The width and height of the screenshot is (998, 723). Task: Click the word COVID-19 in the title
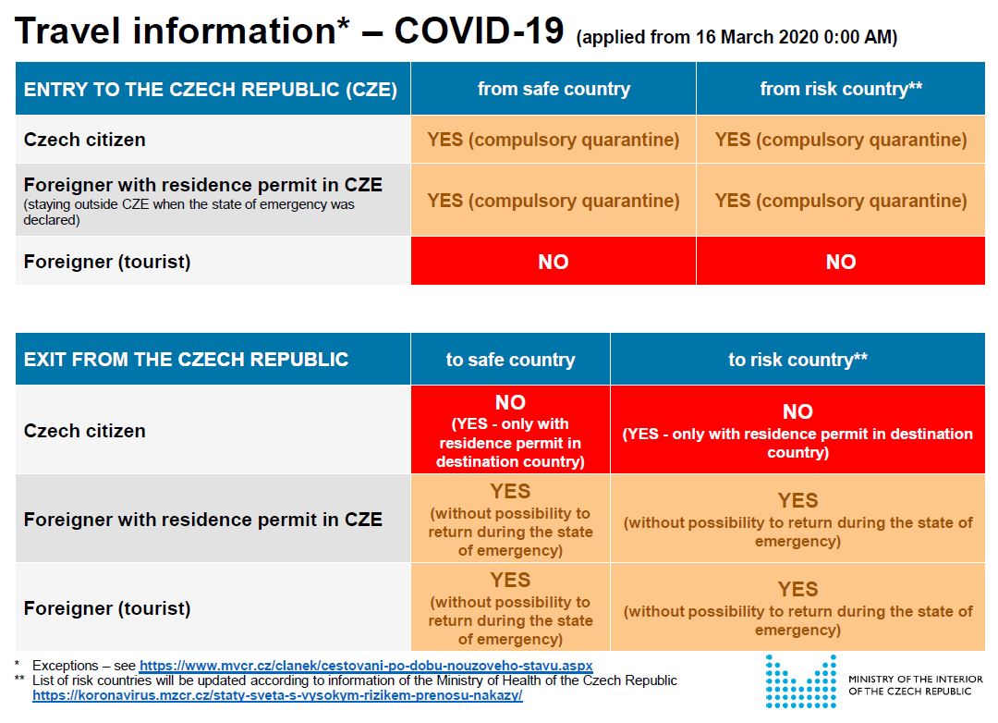pyautogui.click(x=479, y=31)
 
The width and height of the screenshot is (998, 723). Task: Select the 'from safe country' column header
pyautogui.click(x=554, y=89)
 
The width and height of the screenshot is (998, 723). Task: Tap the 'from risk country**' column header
pyautogui.click(x=841, y=89)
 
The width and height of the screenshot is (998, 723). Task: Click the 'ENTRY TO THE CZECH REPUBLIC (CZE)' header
pyautogui.click(x=211, y=89)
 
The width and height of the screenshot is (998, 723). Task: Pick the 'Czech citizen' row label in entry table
pyautogui.click(x=85, y=140)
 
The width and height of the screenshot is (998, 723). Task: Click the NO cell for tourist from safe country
pyautogui.click(x=554, y=262)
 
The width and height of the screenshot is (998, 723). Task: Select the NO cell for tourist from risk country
pyautogui.click(x=841, y=262)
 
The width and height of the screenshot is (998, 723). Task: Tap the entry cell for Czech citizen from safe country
pyautogui.click(x=554, y=140)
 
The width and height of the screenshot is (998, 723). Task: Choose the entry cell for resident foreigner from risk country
pyautogui.click(x=841, y=201)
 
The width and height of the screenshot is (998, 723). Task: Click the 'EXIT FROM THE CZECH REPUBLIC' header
pyautogui.click(x=187, y=360)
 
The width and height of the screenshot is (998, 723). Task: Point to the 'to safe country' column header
pyautogui.click(x=510, y=360)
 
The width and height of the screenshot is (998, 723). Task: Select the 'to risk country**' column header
pyautogui.click(x=797, y=360)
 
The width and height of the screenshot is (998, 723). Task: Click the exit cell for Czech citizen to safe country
pyautogui.click(x=510, y=431)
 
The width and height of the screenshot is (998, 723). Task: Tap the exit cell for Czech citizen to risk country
pyautogui.click(x=797, y=431)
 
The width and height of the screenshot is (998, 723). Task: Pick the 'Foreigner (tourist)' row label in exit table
pyautogui.click(x=107, y=608)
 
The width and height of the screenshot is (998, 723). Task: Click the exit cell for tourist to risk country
pyautogui.click(x=797, y=608)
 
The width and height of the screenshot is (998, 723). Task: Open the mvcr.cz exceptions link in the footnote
pyautogui.click(x=366, y=666)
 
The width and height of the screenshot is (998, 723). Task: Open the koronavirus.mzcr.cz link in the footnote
pyautogui.click(x=277, y=695)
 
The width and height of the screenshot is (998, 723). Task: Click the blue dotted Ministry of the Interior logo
pyautogui.click(x=800, y=682)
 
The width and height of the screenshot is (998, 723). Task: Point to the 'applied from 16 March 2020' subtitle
pyautogui.click(x=736, y=38)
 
